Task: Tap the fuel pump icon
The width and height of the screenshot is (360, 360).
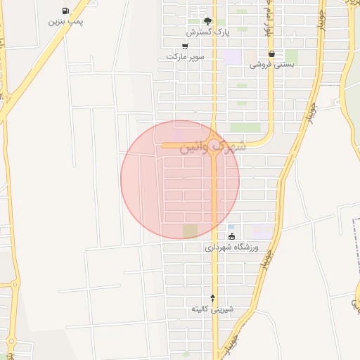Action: (65, 11)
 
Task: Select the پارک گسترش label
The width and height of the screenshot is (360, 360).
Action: (208, 32)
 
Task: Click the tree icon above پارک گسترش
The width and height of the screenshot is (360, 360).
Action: (207, 21)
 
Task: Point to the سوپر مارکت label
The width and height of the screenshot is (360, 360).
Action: (184, 56)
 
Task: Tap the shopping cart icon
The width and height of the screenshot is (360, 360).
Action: (184, 46)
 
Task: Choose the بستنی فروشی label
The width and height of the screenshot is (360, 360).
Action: (271, 64)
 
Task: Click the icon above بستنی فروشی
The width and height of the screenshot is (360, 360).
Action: (271, 53)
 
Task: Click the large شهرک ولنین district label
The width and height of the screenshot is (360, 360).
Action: (212, 147)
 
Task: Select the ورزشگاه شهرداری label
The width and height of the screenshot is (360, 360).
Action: (232, 247)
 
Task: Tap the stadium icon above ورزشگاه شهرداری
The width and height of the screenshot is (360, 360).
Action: (231, 236)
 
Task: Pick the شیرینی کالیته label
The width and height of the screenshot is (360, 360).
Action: (212, 309)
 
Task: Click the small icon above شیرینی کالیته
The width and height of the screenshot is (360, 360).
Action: (212, 298)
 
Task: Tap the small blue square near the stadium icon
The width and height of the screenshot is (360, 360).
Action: (230, 227)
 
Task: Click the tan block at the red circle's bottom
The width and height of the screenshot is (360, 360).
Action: (190, 231)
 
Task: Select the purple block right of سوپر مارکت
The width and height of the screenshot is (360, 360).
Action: (231, 57)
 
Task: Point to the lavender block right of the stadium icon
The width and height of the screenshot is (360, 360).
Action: (262, 231)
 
